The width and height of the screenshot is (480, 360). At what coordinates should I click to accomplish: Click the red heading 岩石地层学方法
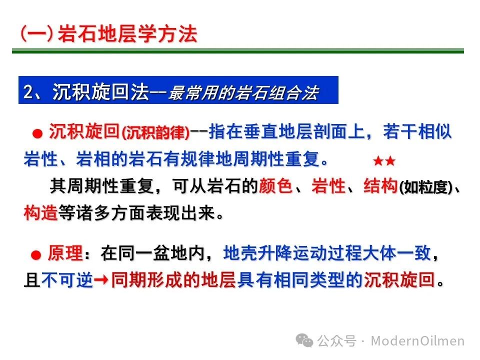pyautogui.click(x=127, y=33)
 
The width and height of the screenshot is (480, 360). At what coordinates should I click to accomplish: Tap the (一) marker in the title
pyautogui.click(x=36, y=33)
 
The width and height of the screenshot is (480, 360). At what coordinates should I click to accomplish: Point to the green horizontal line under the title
pyautogui.click(x=238, y=51)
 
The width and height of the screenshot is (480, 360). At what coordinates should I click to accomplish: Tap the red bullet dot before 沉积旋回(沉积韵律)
pyautogui.click(x=37, y=133)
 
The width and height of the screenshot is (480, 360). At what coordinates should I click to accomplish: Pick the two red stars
pyautogui.click(x=384, y=160)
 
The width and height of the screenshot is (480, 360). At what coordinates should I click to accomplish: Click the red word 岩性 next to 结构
pyautogui.click(x=328, y=186)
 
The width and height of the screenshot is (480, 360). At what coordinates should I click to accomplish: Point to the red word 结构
pyautogui.click(x=380, y=186)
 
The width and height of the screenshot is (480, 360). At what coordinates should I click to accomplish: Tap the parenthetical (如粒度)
pyautogui.click(x=426, y=187)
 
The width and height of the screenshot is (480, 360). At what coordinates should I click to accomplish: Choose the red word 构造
pyautogui.click(x=40, y=212)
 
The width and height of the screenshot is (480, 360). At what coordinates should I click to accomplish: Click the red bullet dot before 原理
pyautogui.click(x=36, y=255)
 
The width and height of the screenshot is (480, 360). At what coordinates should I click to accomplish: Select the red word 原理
pyautogui.click(x=65, y=253)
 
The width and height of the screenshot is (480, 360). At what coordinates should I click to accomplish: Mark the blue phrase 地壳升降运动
pyautogui.click(x=275, y=253)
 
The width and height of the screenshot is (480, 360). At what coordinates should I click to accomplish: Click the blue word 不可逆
pyautogui.click(x=67, y=280)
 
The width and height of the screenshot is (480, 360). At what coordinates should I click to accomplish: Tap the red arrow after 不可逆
pyautogui.click(x=101, y=280)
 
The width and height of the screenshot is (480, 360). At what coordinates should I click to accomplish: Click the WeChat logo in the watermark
pyautogui.click(x=304, y=340)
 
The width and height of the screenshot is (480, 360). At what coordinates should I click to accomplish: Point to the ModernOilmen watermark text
pyautogui.click(x=417, y=340)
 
